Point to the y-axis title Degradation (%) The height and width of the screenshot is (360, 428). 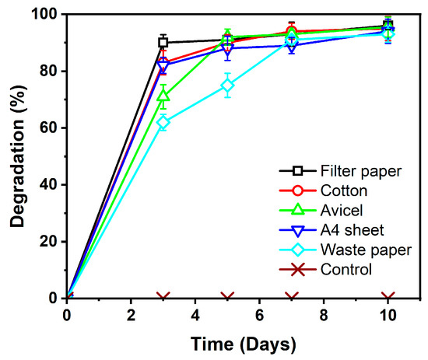click(x=16, y=156)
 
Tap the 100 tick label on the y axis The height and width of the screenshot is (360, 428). click(x=45, y=15)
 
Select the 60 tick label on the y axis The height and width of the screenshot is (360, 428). click(x=49, y=128)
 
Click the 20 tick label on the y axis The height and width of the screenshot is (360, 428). click(x=49, y=242)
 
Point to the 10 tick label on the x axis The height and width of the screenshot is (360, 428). click(x=388, y=315)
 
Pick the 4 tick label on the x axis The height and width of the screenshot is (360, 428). click(x=195, y=315)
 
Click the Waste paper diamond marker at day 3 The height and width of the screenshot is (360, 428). click(x=163, y=122)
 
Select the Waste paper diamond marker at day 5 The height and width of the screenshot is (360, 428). click(x=227, y=86)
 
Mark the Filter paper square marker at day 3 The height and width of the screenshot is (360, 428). click(x=163, y=43)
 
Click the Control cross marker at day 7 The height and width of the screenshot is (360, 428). click(x=292, y=298)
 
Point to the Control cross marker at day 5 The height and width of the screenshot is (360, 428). click(x=227, y=298)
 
